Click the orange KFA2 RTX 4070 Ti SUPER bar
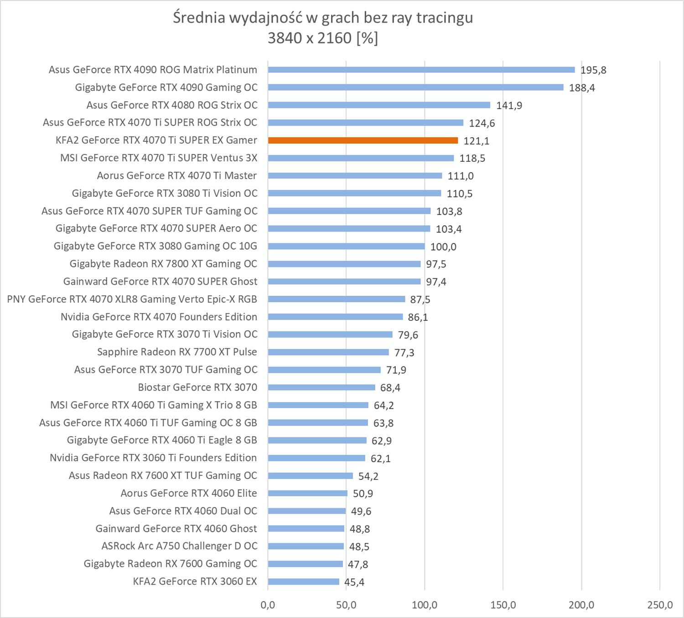click(x=363, y=140)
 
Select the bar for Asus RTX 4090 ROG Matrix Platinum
click(x=421, y=70)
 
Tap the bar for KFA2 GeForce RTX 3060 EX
click(x=303, y=582)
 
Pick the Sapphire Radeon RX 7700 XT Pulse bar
click(x=328, y=352)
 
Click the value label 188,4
click(x=582, y=88)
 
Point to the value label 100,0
click(x=443, y=247)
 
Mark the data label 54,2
click(x=368, y=476)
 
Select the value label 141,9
click(x=509, y=105)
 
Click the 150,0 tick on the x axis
click(x=503, y=605)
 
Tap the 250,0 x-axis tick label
click(x=659, y=605)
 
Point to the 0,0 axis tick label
click(x=268, y=605)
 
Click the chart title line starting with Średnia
click(x=323, y=17)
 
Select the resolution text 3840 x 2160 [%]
click(x=323, y=38)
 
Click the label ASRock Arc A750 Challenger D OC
click(x=179, y=546)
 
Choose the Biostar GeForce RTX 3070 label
click(x=197, y=387)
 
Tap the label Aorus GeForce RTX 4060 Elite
click(x=189, y=493)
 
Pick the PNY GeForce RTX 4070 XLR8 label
click(x=132, y=299)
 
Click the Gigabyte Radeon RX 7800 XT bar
click(x=344, y=264)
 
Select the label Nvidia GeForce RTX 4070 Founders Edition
click(x=159, y=317)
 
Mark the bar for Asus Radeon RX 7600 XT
click(x=310, y=476)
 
